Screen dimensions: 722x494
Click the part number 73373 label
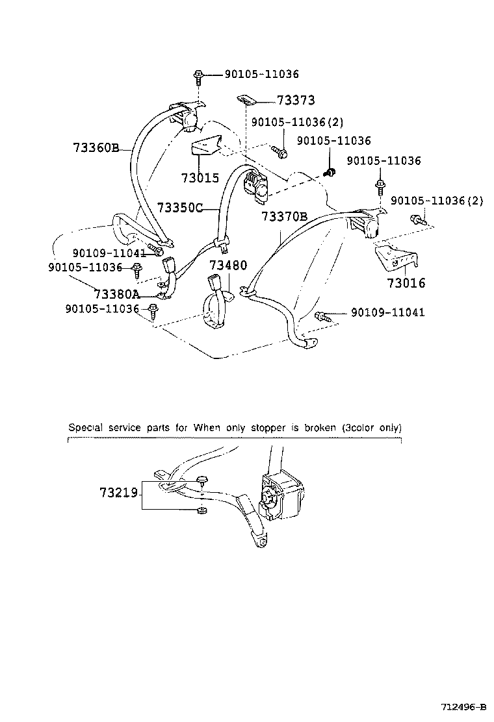296,100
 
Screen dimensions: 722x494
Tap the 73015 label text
199,177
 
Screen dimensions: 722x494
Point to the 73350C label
179,208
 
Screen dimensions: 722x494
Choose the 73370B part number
284,217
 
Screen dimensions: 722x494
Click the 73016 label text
406,283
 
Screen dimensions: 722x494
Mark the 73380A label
116,293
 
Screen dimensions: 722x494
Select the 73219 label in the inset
119,493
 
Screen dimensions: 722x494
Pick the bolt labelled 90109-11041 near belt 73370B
321,316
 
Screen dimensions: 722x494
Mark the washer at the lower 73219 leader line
202,509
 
